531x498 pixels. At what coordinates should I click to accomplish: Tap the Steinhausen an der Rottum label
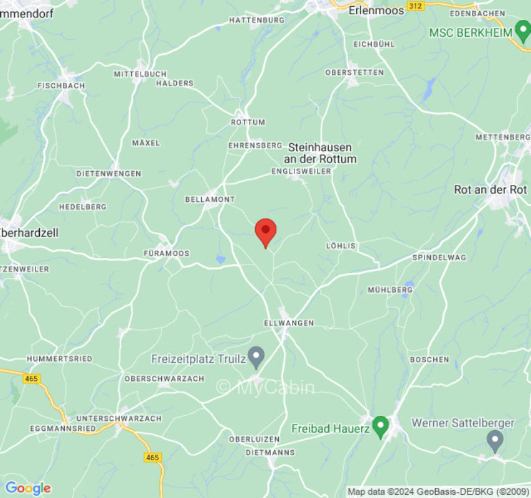[321, 153]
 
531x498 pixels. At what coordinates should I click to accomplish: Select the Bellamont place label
[210, 199]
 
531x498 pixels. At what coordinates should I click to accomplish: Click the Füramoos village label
[166, 253]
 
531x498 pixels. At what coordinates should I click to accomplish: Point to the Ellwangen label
[289, 323]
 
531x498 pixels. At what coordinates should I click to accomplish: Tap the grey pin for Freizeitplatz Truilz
[256, 357]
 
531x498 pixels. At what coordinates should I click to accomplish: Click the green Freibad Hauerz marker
[380, 427]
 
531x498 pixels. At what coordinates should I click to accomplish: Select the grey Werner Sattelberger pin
[495, 441]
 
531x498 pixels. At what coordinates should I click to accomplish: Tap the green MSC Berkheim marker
[522, 32]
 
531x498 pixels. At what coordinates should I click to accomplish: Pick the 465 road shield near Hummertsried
[31, 378]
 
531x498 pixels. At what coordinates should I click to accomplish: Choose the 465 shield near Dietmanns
[153, 458]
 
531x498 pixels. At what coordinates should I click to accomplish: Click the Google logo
[27, 489]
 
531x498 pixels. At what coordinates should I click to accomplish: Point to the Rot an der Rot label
[491, 190]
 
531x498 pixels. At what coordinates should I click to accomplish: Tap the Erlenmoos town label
[376, 11]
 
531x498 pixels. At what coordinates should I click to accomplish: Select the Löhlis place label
[341, 246]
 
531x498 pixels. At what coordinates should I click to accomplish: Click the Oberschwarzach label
[164, 378]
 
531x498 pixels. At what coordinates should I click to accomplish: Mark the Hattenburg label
[256, 20]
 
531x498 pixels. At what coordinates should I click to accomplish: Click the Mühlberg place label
[390, 290]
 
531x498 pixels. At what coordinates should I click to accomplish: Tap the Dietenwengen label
[109, 174]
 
